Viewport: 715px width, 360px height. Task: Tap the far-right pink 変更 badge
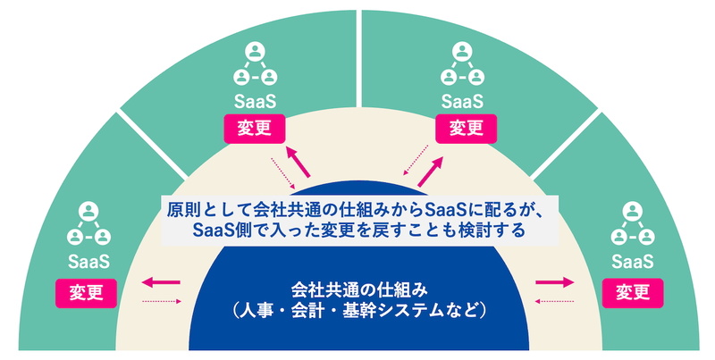pyautogui.click(x=632, y=291)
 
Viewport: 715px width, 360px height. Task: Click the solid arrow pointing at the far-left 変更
pyautogui.click(x=162, y=283)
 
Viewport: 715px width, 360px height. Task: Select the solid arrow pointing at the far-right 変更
pyautogui.click(x=554, y=283)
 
